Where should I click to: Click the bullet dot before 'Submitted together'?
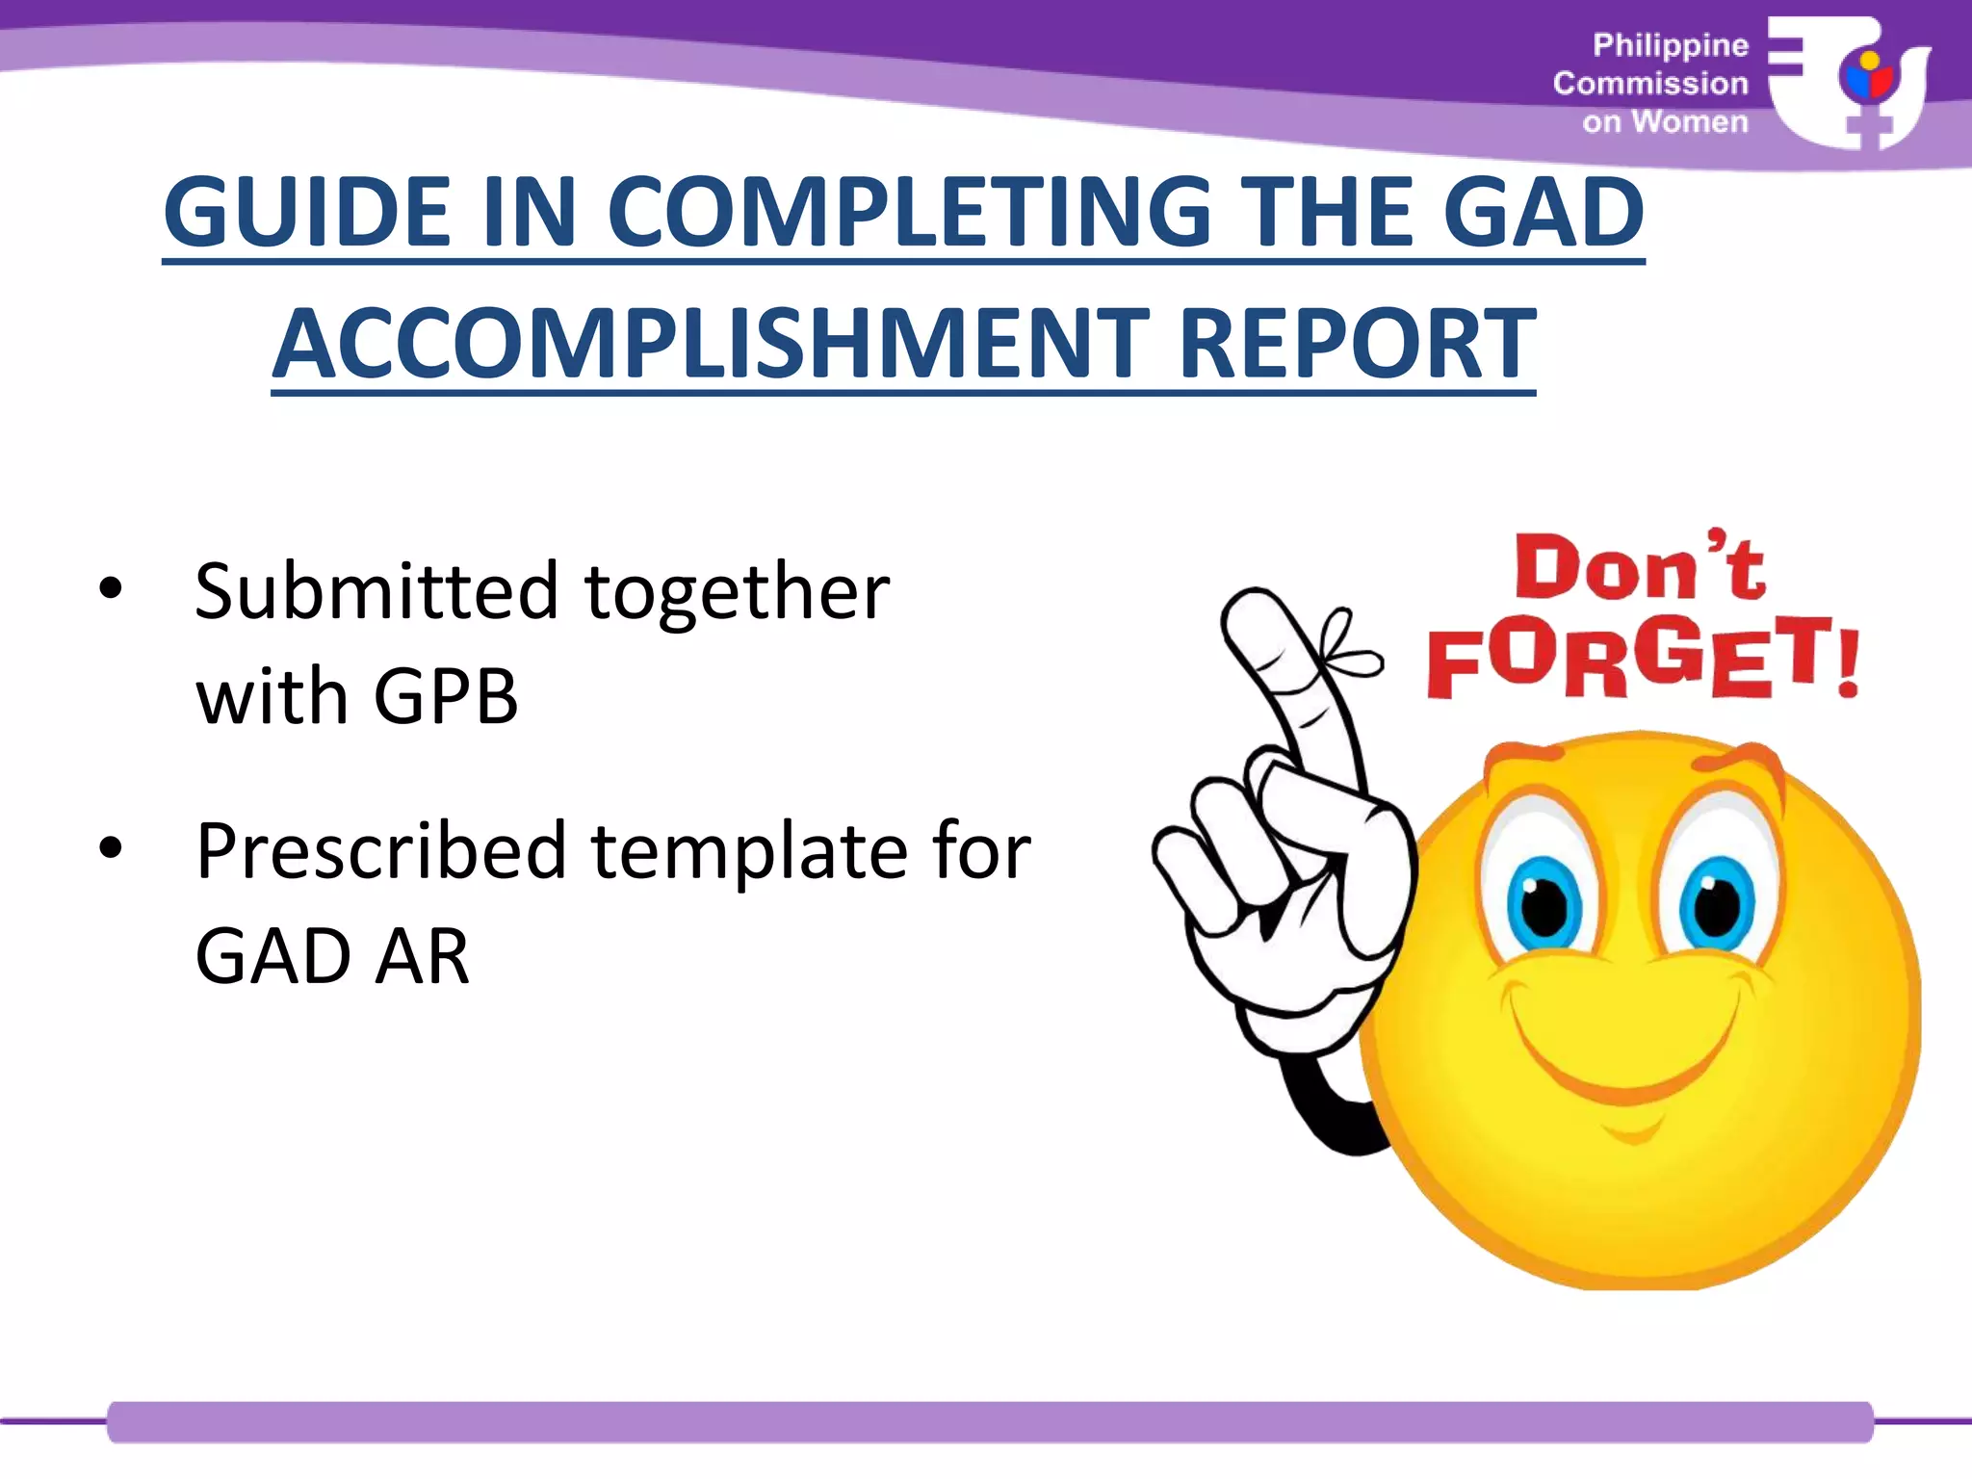(x=111, y=589)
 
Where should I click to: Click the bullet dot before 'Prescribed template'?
(x=111, y=848)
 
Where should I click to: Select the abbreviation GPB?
(x=446, y=695)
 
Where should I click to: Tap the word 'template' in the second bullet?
(x=749, y=851)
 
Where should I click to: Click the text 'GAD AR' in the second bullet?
(x=332, y=956)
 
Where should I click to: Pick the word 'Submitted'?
(x=376, y=590)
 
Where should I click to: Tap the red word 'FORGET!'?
(x=1642, y=658)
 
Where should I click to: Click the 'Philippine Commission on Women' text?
(x=1651, y=84)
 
